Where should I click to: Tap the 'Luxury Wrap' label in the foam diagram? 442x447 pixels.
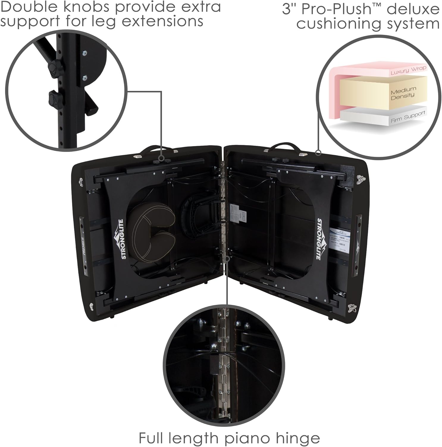pos(408,70)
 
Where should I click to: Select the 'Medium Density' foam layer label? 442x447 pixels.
pos(403,93)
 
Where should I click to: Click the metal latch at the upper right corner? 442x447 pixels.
pos(361,179)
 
